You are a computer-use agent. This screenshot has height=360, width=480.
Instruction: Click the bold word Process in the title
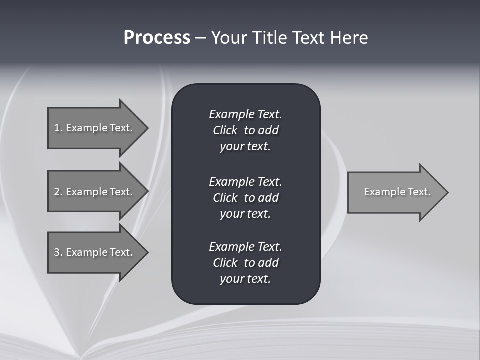[157, 38]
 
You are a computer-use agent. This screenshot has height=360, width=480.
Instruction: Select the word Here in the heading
[349, 38]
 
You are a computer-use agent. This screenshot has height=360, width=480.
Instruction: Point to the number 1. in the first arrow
[58, 128]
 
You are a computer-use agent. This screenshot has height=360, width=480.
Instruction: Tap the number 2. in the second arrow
[58, 192]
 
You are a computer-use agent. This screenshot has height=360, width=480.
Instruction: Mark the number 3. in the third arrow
[58, 252]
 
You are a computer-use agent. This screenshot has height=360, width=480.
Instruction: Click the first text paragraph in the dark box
[245, 130]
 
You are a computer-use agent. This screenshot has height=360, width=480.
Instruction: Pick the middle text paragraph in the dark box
[245, 198]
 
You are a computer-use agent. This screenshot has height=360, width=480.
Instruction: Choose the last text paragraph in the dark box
[245, 263]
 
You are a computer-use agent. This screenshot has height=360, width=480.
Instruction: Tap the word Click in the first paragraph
[225, 130]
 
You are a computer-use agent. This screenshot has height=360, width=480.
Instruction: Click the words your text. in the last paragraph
[245, 279]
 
